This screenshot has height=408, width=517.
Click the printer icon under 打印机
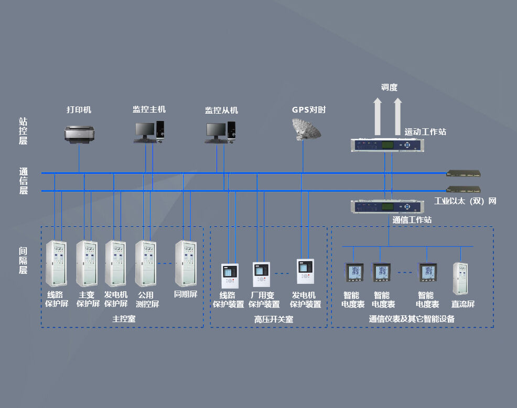tap(79, 134)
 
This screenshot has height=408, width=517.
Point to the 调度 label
tap(389, 87)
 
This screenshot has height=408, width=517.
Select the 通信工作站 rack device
tap(386, 206)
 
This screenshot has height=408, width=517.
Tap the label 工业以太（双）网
tap(465, 201)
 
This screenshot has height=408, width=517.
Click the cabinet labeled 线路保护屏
tap(57, 264)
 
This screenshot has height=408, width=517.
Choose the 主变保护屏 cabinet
tap(87, 264)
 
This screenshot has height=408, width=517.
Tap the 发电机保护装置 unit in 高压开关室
tap(305, 272)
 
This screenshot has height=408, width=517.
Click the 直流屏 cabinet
tap(460, 278)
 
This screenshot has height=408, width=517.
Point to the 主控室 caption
tap(122, 318)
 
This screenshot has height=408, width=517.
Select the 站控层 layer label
tap(23, 131)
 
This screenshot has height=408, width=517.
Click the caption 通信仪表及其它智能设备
tap(412, 318)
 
